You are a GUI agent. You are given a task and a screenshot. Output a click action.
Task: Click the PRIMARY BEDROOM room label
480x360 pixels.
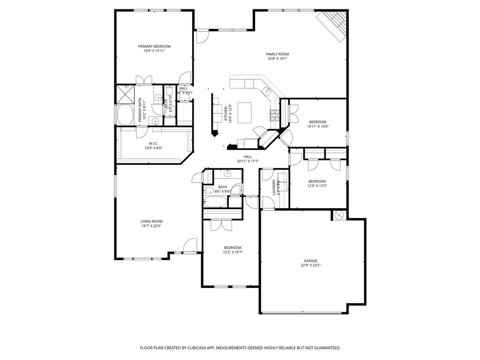(154, 46)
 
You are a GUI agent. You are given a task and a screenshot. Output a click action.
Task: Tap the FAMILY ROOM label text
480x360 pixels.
(277, 54)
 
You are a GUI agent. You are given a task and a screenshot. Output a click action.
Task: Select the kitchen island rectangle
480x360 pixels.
(245, 112)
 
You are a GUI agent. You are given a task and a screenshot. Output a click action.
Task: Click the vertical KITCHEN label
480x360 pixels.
(226, 113)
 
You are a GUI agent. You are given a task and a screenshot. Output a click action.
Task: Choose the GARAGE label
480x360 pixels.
(310, 261)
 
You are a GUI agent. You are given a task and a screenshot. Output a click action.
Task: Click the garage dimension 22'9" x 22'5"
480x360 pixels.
(310, 265)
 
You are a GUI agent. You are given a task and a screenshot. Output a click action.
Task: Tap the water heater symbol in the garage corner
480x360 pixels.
(339, 215)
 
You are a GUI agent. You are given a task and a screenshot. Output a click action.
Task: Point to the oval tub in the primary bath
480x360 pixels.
(125, 114)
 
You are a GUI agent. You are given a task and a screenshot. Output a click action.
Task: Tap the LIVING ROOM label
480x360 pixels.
(151, 221)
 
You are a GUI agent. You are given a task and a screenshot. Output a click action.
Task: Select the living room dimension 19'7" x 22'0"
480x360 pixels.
(151, 226)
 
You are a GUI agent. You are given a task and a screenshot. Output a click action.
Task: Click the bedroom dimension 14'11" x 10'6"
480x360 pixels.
(317, 127)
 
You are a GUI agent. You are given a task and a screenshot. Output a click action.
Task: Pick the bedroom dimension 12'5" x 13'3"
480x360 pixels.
(317, 186)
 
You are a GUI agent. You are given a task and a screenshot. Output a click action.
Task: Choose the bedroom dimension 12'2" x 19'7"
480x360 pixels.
(232, 252)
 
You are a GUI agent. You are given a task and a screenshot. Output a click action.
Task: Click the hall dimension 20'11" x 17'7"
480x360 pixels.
(247, 161)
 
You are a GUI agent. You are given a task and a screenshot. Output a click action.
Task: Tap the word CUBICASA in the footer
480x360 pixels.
(197, 348)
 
